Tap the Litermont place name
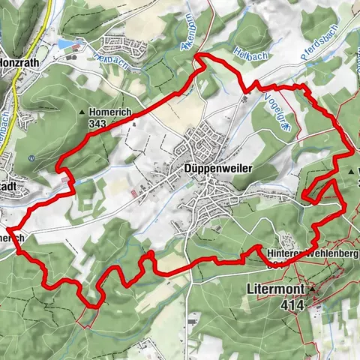point(274,287)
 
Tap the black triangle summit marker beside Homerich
point(82,112)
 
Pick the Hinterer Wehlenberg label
point(313,254)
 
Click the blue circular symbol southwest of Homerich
point(33,158)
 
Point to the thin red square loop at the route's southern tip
point(88,318)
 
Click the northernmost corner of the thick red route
point(197,55)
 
